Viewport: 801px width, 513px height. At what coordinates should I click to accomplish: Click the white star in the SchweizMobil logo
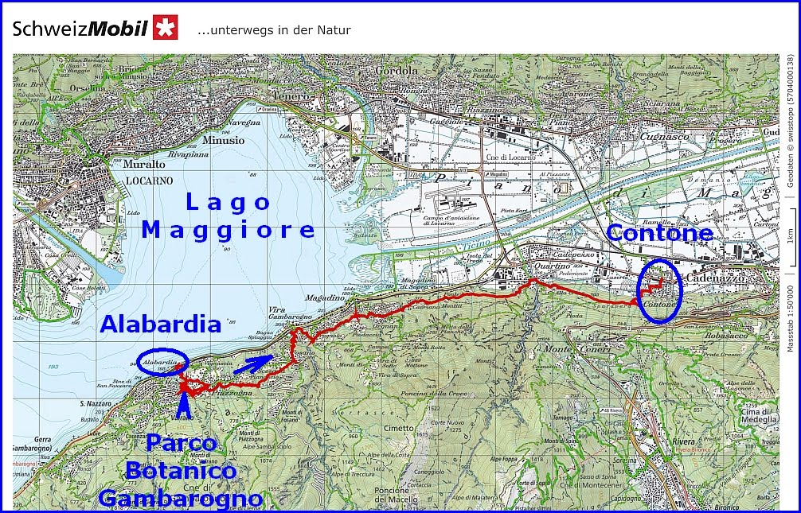[x=166, y=28]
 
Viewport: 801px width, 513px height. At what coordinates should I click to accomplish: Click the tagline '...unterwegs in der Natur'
[x=274, y=30]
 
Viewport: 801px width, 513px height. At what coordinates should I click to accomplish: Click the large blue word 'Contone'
[x=659, y=233]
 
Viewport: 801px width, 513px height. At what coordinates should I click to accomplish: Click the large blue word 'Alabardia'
[x=160, y=325]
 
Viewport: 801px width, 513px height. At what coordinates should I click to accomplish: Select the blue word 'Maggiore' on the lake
[x=229, y=231]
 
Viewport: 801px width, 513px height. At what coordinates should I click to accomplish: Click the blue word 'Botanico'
[x=182, y=471]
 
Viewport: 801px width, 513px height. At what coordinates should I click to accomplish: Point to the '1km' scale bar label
[x=789, y=236]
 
